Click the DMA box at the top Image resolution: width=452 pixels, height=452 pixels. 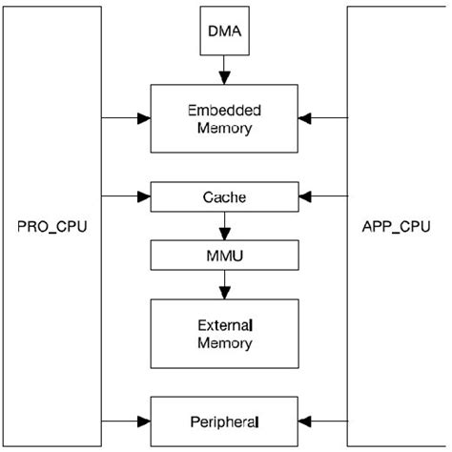coord(225,31)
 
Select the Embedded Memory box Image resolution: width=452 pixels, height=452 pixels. coord(225,118)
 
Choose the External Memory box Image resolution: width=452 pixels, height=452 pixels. coord(225,334)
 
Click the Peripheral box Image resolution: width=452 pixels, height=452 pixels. coord(225,420)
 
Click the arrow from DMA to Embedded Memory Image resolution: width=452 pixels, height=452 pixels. coord(225,69)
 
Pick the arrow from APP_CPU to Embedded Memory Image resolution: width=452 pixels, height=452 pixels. coord(323,119)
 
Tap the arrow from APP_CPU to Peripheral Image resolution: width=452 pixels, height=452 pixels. coord(323,420)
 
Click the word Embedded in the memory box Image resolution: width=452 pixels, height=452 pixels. coord(225,110)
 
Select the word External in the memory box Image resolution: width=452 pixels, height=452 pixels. coord(225,325)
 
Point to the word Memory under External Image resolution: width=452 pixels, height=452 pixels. coord(225,343)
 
